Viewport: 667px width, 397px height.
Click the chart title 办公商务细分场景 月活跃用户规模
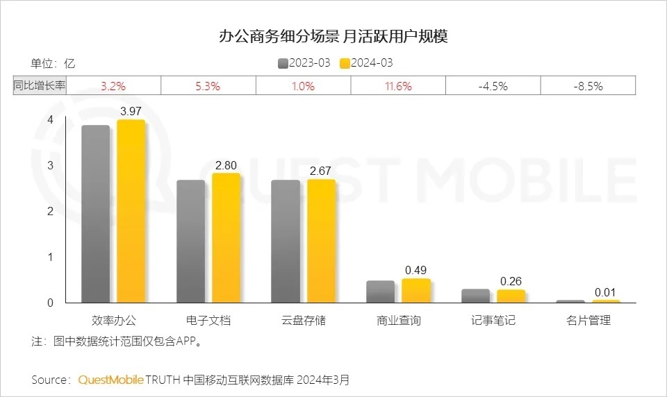click(333, 36)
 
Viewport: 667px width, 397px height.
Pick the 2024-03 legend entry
click(367, 63)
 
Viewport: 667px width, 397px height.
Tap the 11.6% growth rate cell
click(398, 86)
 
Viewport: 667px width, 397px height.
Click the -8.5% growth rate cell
click(588, 86)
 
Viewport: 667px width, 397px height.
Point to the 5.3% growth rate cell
click(208, 86)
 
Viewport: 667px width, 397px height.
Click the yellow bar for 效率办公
click(131, 212)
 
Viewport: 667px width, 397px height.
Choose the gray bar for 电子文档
click(190, 242)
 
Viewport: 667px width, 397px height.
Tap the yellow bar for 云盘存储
click(321, 241)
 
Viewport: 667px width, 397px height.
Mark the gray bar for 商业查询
click(380, 292)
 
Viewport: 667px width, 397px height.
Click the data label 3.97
click(131, 111)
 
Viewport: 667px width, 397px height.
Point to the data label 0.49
click(416, 270)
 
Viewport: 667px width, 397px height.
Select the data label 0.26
click(511, 281)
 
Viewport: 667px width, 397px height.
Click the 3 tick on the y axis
click(49, 165)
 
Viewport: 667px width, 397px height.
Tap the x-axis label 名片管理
click(588, 320)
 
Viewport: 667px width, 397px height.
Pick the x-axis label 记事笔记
click(493, 320)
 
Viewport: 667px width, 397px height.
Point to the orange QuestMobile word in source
click(111, 380)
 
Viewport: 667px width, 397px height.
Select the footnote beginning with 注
click(117, 341)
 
